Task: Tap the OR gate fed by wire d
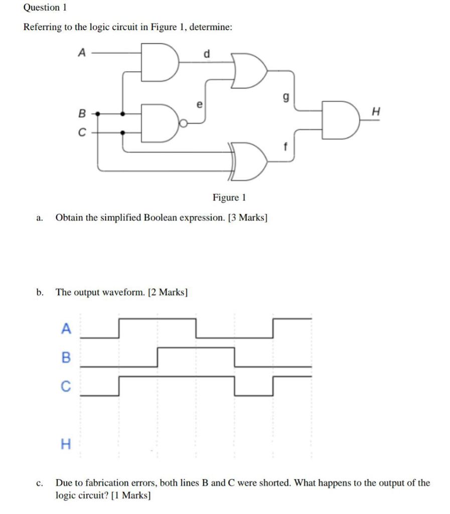tap(248, 70)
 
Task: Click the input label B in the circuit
tap(82, 113)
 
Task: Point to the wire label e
tap(199, 105)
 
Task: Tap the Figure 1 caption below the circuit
tap(229, 197)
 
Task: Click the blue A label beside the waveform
tap(66, 329)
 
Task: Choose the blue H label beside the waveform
tap(65, 443)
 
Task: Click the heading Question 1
tap(45, 8)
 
